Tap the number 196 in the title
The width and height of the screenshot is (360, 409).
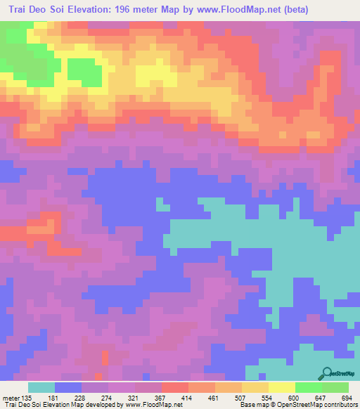click(x=150, y=10)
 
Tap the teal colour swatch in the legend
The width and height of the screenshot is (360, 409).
click(x=41, y=388)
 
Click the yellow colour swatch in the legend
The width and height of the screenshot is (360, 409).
click(x=282, y=388)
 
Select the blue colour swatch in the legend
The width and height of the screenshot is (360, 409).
click(x=68, y=388)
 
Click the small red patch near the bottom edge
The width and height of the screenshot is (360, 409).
click(x=105, y=357)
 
